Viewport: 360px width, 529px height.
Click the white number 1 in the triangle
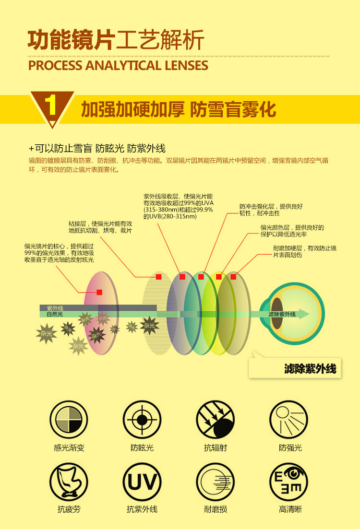point(51,106)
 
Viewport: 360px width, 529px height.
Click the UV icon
point(142,482)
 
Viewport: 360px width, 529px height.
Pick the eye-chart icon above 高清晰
point(288,482)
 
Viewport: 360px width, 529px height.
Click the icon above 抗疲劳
point(69,482)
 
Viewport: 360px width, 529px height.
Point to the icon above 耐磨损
point(216,482)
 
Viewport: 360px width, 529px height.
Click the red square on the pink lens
point(99,292)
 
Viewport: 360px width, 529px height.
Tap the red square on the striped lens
point(159,277)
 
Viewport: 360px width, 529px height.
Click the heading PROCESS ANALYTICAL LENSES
point(118,65)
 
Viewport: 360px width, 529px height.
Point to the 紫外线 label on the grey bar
point(55,308)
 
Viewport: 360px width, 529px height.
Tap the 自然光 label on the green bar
point(55,315)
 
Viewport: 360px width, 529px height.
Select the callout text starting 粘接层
point(100,227)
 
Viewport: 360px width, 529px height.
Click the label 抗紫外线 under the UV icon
point(142,509)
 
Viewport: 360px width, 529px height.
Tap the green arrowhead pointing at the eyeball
point(304,314)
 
